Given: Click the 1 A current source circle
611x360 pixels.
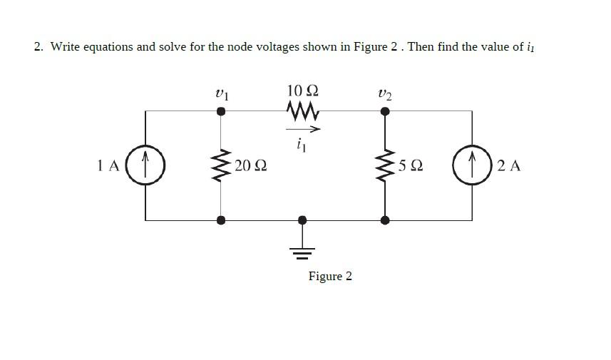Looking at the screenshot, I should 145,166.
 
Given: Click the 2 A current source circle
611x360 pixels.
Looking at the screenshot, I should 472,166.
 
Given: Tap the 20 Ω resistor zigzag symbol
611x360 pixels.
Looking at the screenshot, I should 222,166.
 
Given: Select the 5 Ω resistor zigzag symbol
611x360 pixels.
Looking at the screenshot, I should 386,166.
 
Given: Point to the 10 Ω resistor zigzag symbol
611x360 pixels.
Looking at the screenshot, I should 302,111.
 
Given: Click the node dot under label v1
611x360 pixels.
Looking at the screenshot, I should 222,111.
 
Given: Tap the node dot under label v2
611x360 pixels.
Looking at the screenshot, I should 386,111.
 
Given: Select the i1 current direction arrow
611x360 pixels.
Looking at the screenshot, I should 303,129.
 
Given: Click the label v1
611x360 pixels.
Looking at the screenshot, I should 222,93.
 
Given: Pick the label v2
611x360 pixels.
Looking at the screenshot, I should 385,93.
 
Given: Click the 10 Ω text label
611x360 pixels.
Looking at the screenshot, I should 302,91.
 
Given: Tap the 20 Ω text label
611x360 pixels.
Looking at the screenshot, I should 250,166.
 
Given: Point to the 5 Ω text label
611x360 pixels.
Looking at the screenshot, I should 411,166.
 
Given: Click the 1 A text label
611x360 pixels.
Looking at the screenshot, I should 108,166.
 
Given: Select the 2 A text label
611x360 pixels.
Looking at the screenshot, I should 509,166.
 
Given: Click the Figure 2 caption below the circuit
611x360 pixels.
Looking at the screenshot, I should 330,276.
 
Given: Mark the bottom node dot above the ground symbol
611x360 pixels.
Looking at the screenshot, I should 302,220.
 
